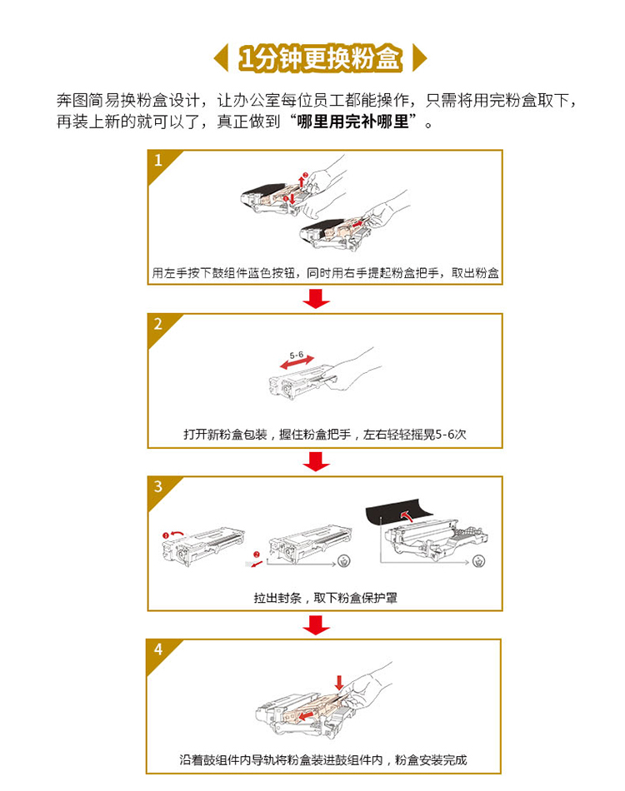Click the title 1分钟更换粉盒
[x=321, y=58]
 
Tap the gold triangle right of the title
[x=418, y=58]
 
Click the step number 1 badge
[x=159, y=162]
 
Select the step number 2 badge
[x=159, y=325]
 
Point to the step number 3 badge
[x=159, y=487]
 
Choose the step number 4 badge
[x=158, y=650]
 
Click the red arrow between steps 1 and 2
[x=316, y=298]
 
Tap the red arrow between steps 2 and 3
[x=316, y=461]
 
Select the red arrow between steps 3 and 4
[x=316, y=624]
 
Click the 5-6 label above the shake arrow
[x=297, y=356]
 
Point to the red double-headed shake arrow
[x=297, y=363]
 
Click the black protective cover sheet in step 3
[x=399, y=512]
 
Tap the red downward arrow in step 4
[x=339, y=683]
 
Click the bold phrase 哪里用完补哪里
[x=352, y=122]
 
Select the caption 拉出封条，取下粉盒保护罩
[x=325, y=598]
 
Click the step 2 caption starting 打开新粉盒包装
[x=325, y=435]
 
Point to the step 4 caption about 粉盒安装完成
[x=323, y=759]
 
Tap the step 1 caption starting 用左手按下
[x=325, y=273]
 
